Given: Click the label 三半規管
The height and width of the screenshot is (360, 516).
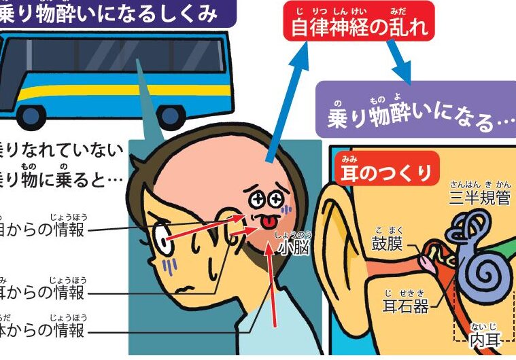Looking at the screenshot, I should [479, 198].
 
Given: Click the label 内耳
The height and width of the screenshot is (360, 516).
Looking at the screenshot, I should [484, 340].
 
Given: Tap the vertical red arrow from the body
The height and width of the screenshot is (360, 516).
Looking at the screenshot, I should [272, 285].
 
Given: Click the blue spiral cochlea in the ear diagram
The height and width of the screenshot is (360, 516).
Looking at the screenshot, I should [487, 268].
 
